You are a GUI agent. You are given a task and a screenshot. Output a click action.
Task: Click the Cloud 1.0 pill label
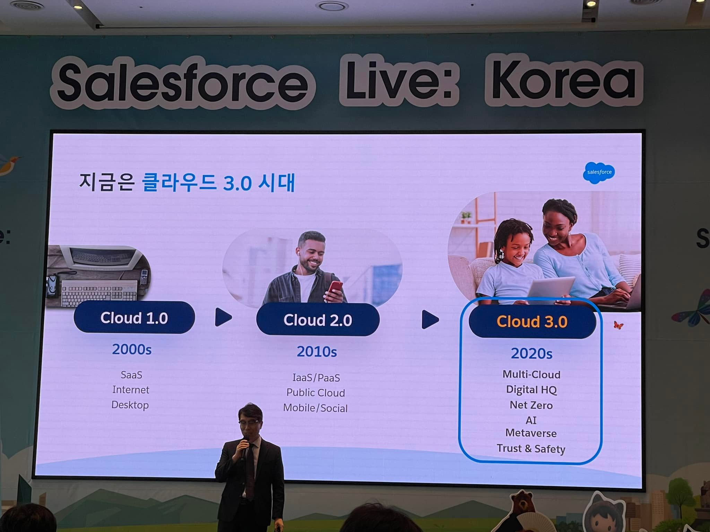[134, 318]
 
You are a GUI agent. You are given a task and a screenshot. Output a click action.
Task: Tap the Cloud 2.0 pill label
[318, 320]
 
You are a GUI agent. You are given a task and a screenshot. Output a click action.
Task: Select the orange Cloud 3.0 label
[532, 322]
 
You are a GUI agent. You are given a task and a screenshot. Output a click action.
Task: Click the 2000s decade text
[132, 349]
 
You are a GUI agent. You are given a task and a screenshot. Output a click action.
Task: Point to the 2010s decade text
[317, 352]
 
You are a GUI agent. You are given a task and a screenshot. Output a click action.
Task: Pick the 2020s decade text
[531, 354]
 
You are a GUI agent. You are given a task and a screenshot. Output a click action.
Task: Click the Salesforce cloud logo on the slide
[599, 172]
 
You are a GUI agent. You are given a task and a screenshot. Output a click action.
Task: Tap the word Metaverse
[531, 433]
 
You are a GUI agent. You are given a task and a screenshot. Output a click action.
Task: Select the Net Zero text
[531, 405]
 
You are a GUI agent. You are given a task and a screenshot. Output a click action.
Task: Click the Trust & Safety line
[531, 449]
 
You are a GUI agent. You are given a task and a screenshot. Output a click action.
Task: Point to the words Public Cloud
[315, 393]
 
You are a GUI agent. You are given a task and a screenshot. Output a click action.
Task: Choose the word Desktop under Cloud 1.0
[130, 405]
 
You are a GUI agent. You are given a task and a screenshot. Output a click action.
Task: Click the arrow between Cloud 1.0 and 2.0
[223, 317]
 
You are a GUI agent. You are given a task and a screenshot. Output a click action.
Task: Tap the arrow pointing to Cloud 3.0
[430, 319]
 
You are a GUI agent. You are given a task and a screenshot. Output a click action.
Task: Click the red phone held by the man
[334, 290]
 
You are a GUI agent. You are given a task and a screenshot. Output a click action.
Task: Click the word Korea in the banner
[564, 80]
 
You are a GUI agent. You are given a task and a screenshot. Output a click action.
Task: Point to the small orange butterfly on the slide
[618, 325]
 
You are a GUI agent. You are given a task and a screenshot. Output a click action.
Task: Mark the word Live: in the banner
[399, 80]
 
